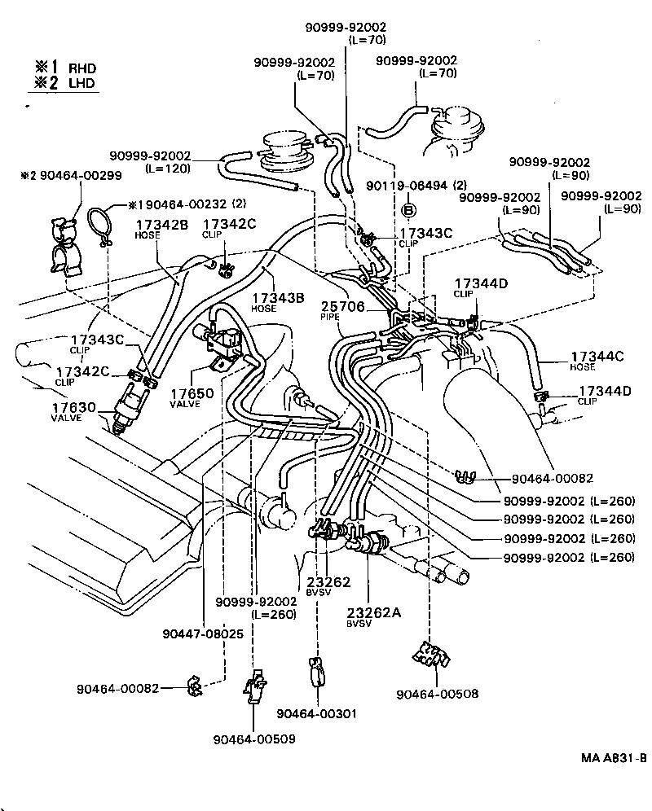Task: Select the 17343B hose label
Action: click(278, 299)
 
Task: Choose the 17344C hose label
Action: click(597, 356)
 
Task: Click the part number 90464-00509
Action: click(254, 739)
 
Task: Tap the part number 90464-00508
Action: click(437, 695)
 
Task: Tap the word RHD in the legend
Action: click(81, 68)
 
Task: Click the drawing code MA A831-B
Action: click(614, 758)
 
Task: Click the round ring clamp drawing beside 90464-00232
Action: click(100, 226)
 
